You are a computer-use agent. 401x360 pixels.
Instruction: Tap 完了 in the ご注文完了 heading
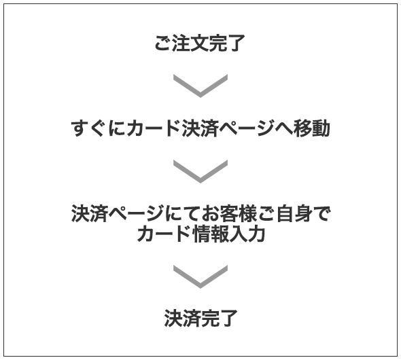(228, 43)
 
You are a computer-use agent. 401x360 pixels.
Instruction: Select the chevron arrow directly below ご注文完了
(201, 86)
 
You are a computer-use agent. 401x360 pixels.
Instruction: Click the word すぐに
(98, 128)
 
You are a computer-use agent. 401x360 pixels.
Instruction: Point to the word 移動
(311, 128)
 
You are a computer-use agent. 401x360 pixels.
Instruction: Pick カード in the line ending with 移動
(154, 128)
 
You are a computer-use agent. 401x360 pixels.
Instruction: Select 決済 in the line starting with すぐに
(200, 128)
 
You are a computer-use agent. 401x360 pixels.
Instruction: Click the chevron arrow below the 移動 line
(201, 171)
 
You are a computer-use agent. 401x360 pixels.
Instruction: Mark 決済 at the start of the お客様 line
(90, 213)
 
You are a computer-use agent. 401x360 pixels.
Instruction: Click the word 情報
(211, 234)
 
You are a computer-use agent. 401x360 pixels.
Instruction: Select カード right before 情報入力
(164, 234)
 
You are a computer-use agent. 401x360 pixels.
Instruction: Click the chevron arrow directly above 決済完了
(201, 276)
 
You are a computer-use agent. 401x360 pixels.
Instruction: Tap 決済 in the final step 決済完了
(182, 318)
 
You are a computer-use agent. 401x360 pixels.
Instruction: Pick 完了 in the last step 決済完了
(220, 318)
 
